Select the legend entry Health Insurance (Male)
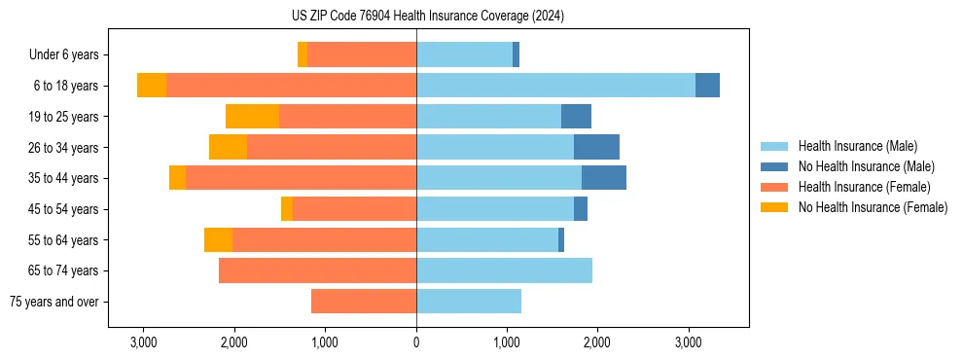857,146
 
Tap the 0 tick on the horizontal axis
416,342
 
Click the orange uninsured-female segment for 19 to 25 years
253,117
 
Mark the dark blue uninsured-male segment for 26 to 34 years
596,147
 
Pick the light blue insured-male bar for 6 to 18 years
555,86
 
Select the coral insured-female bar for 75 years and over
364,302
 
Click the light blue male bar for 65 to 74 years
504,270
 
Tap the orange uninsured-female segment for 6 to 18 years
152,86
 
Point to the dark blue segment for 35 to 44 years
604,178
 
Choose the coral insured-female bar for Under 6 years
362,55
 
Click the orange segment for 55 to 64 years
219,239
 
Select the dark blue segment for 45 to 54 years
581,209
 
